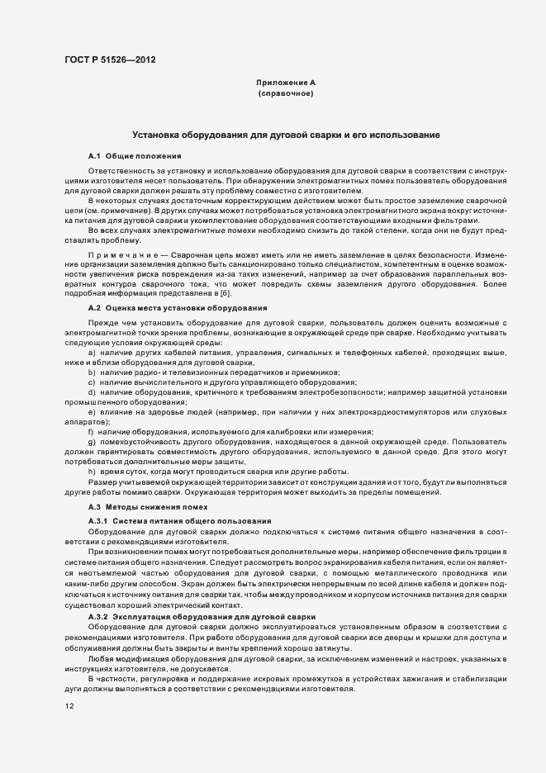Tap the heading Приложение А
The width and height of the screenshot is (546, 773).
(286, 83)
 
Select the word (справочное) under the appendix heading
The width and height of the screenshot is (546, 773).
(286, 94)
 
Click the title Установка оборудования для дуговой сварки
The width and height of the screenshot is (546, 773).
(286, 134)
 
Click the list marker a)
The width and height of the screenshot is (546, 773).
(92, 353)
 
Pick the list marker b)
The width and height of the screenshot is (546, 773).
(92, 372)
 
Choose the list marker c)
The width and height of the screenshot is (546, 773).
(92, 382)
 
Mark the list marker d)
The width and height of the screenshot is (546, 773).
(92, 392)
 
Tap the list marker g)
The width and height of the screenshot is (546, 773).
(92, 442)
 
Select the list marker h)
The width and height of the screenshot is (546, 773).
(92, 471)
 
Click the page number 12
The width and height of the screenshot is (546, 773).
(69, 706)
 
